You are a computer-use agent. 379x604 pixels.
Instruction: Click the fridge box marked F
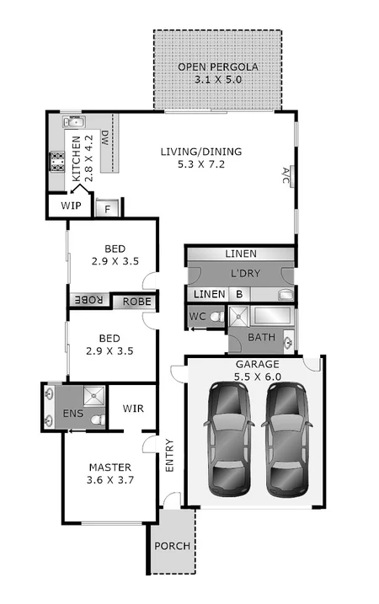pos(108,208)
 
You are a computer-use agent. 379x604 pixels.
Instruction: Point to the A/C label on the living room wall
pos(286,175)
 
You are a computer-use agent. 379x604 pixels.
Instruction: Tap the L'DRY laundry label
pos(241,274)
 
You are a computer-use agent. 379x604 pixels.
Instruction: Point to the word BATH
pos(260,338)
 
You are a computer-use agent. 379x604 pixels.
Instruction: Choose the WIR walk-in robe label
pos(134,409)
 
